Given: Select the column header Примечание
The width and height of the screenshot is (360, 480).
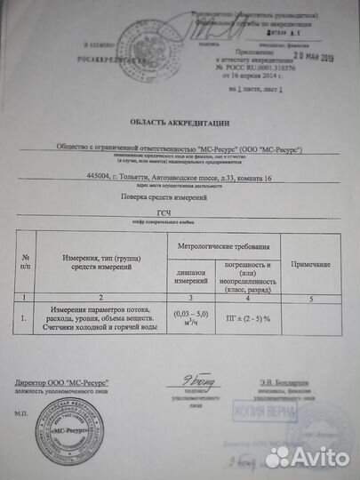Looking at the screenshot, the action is (311, 265).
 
